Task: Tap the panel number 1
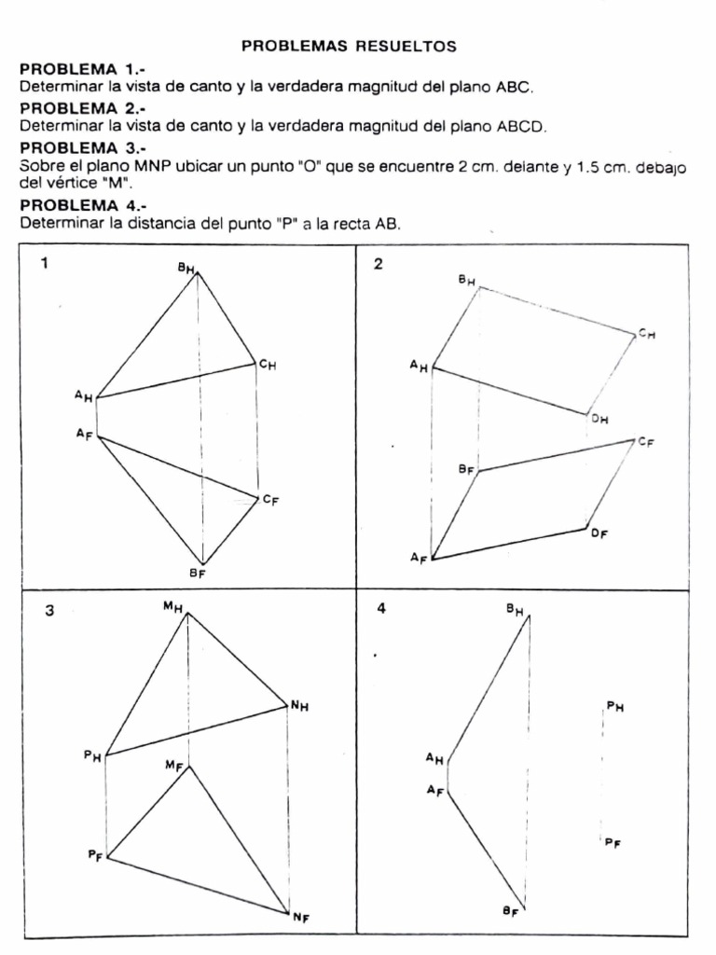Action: (x=44, y=263)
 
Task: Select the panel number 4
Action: (x=380, y=608)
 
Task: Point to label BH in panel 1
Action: (x=186, y=269)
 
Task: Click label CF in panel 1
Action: (x=270, y=500)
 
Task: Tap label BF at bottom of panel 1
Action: (x=197, y=574)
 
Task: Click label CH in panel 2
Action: (x=646, y=333)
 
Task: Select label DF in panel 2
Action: (x=599, y=533)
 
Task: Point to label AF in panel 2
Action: (x=419, y=558)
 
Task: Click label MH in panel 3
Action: (x=172, y=607)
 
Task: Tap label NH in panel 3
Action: (x=298, y=707)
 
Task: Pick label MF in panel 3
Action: (x=173, y=766)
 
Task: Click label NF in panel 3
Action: (x=300, y=918)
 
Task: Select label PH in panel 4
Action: (x=614, y=707)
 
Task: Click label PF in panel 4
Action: (x=613, y=843)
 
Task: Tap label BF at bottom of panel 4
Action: (x=510, y=911)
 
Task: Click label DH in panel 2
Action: (x=599, y=420)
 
